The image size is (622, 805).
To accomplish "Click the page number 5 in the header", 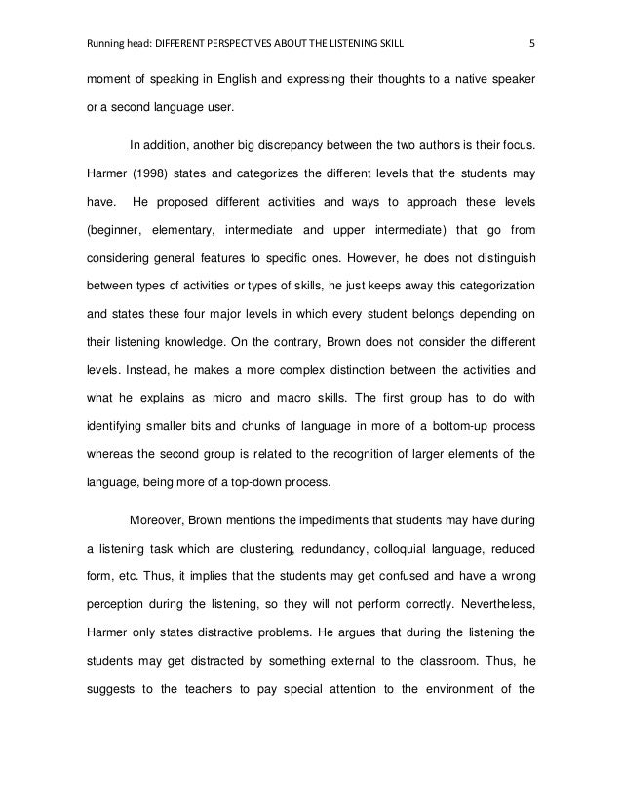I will click(530, 44).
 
